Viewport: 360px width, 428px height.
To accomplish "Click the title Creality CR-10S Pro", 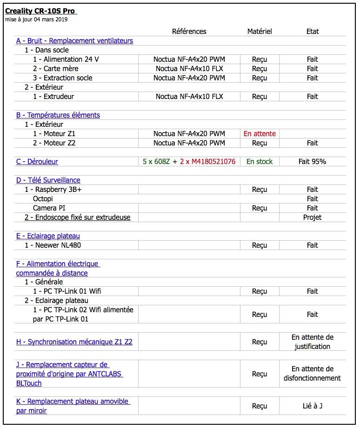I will coord(40,11).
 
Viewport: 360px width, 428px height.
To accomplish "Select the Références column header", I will coord(189,31).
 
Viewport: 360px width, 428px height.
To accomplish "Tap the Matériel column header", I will coord(260,31).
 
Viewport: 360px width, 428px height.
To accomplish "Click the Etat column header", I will coord(313,31).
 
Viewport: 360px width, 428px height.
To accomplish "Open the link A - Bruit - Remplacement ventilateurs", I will coord(74,41).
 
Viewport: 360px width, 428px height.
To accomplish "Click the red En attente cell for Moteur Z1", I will coord(260,134).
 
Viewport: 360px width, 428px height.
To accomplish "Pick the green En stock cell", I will coord(260,162).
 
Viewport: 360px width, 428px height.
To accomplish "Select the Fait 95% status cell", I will coord(313,162).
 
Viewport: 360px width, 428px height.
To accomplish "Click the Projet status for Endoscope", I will coord(313,217).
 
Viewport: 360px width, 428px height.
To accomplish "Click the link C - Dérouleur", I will coord(37,162).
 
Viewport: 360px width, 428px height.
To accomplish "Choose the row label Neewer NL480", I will coord(53,245).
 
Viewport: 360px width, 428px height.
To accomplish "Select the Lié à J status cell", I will coord(313,406).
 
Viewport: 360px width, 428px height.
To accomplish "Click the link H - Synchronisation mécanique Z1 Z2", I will coord(74,342).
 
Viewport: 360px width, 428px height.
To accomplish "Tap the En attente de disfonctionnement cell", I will coord(313,374).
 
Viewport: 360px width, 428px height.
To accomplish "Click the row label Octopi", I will coord(43,199).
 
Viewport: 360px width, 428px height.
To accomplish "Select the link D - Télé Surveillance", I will coord(48,180).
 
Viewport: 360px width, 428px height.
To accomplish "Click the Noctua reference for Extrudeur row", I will coord(189,97).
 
